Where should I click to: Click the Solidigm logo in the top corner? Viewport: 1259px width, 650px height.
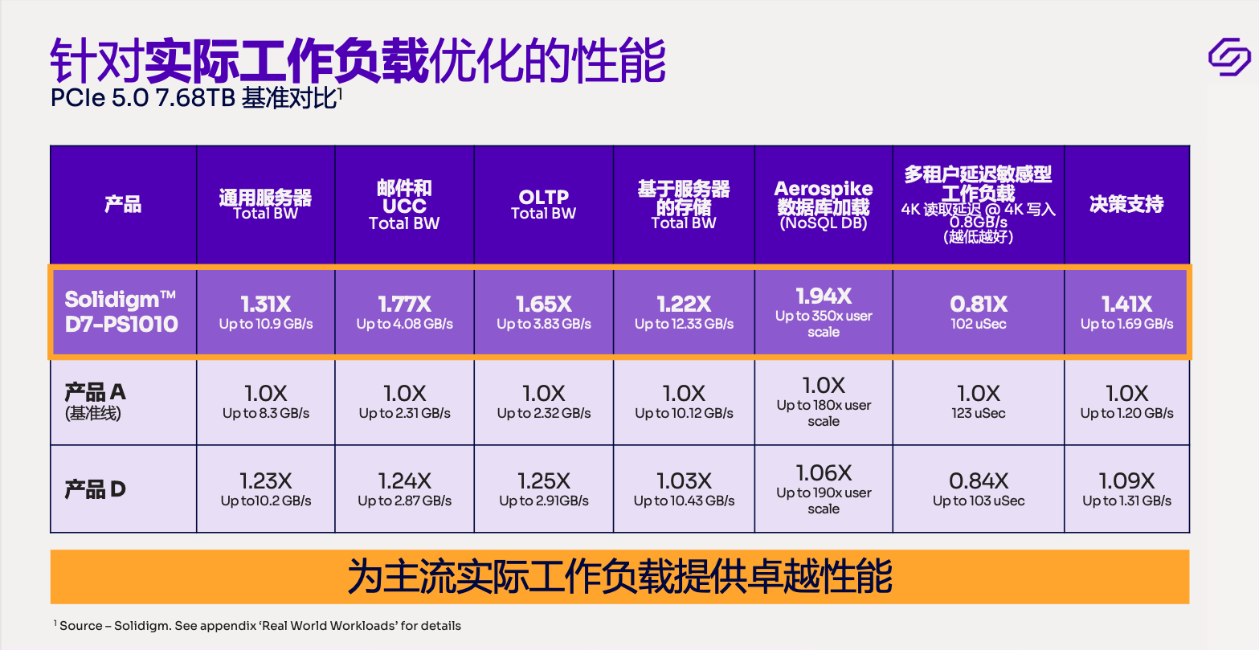pyautogui.click(x=1229, y=57)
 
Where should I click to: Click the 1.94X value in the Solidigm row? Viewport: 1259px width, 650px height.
pyautogui.click(x=824, y=296)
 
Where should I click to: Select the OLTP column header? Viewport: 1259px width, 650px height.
pyautogui.click(x=544, y=204)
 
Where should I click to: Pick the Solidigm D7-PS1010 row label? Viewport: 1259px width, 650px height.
pyautogui.click(x=121, y=312)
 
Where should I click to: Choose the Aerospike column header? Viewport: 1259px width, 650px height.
pyautogui.click(x=824, y=204)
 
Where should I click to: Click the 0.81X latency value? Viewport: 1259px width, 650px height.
pyautogui.click(x=978, y=305)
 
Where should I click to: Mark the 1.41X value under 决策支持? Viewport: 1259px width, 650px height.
pyautogui.click(x=1126, y=305)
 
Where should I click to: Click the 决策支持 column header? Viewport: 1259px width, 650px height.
pyautogui.click(x=1126, y=204)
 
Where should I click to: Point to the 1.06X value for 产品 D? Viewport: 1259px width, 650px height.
pyautogui.click(x=824, y=473)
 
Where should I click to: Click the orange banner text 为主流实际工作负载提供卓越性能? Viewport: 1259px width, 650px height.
pyautogui.click(x=619, y=577)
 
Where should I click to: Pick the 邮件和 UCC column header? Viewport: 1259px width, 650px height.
pyautogui.click(x=404, y=204)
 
